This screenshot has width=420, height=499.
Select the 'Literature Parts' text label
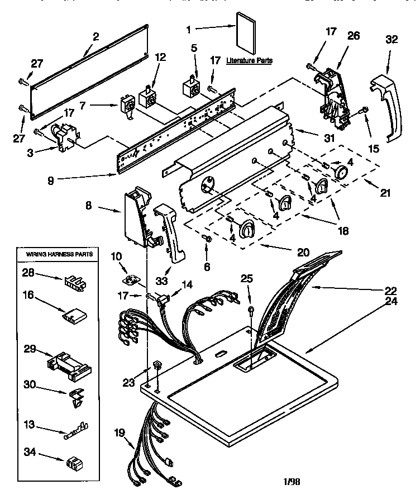[x=250, y=60]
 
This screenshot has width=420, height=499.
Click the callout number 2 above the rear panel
[x=96, y=37]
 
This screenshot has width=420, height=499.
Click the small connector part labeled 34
[x=73, y=462]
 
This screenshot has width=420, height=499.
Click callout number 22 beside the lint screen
[x=390, y=291]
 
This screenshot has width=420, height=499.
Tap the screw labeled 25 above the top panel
[x=251, y=310]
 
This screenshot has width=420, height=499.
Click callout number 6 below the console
[x=208, y=267]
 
